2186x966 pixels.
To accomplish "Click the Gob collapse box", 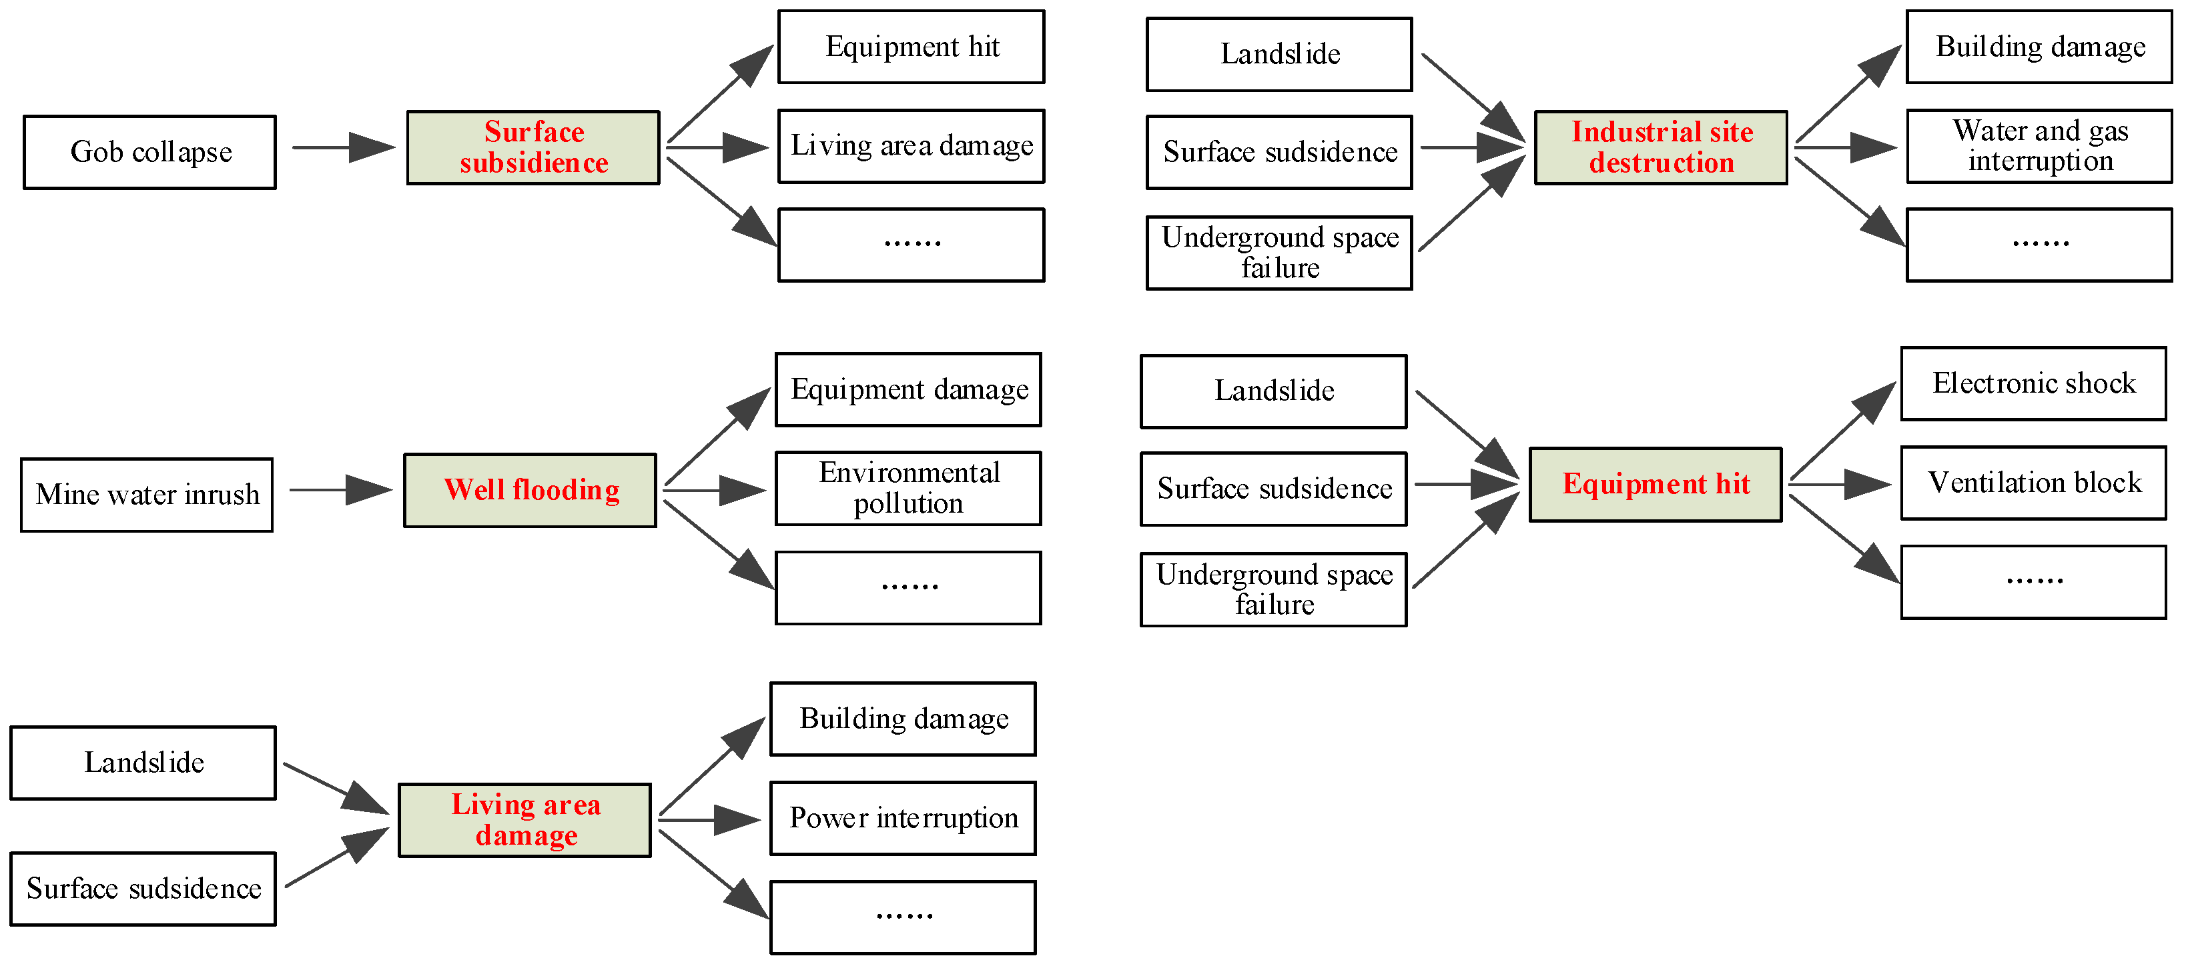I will (149, 153).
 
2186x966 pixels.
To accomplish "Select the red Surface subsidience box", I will (533, 147).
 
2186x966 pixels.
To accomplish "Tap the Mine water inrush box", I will (147, 495).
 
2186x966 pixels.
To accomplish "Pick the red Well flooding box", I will (530, 490).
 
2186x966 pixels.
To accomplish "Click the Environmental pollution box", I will (908, 489).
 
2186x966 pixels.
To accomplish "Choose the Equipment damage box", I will (908, 390).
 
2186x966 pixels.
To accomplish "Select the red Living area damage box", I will (524, 820).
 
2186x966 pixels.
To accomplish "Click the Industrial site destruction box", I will (1661, 147).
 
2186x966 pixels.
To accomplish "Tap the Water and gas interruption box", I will (2039, 146).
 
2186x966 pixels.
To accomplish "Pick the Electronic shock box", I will (2033, 383).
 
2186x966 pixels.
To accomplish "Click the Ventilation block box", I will (2033, 483).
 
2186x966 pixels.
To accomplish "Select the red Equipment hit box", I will (1655, 484).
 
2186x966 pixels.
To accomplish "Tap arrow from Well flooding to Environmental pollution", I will (715, 490).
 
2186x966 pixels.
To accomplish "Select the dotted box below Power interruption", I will (903, 917).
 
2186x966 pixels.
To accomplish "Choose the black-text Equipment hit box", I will (912, 47).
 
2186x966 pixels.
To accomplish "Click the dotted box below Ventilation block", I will (2033, 583).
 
